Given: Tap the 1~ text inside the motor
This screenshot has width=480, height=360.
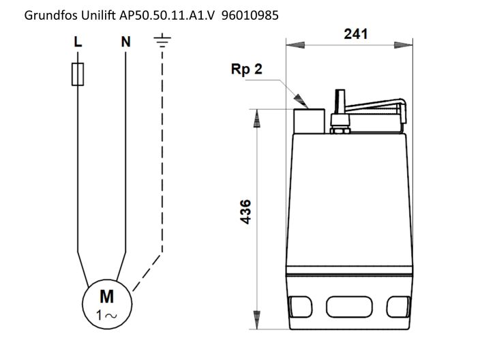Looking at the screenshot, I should coord(107,315).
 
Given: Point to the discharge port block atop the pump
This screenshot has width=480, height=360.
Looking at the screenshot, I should coord(309,121).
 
